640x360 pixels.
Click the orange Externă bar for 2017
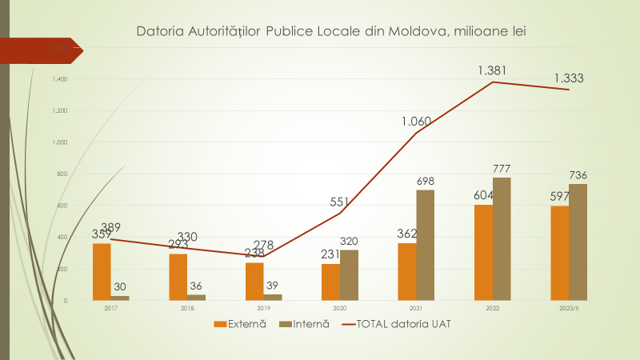pos(102,271)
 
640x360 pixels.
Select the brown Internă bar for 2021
pos(426,245)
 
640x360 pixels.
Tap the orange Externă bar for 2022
pos(483,252)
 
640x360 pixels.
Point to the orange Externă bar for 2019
pos(254,281)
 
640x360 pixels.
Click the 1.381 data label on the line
pos(493,71)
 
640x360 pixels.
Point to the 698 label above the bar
pos(426,182)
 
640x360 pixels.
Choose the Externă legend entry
pos(240,324)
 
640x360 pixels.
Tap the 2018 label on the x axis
pos(186,307)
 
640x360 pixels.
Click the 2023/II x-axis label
pos(569,307)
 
